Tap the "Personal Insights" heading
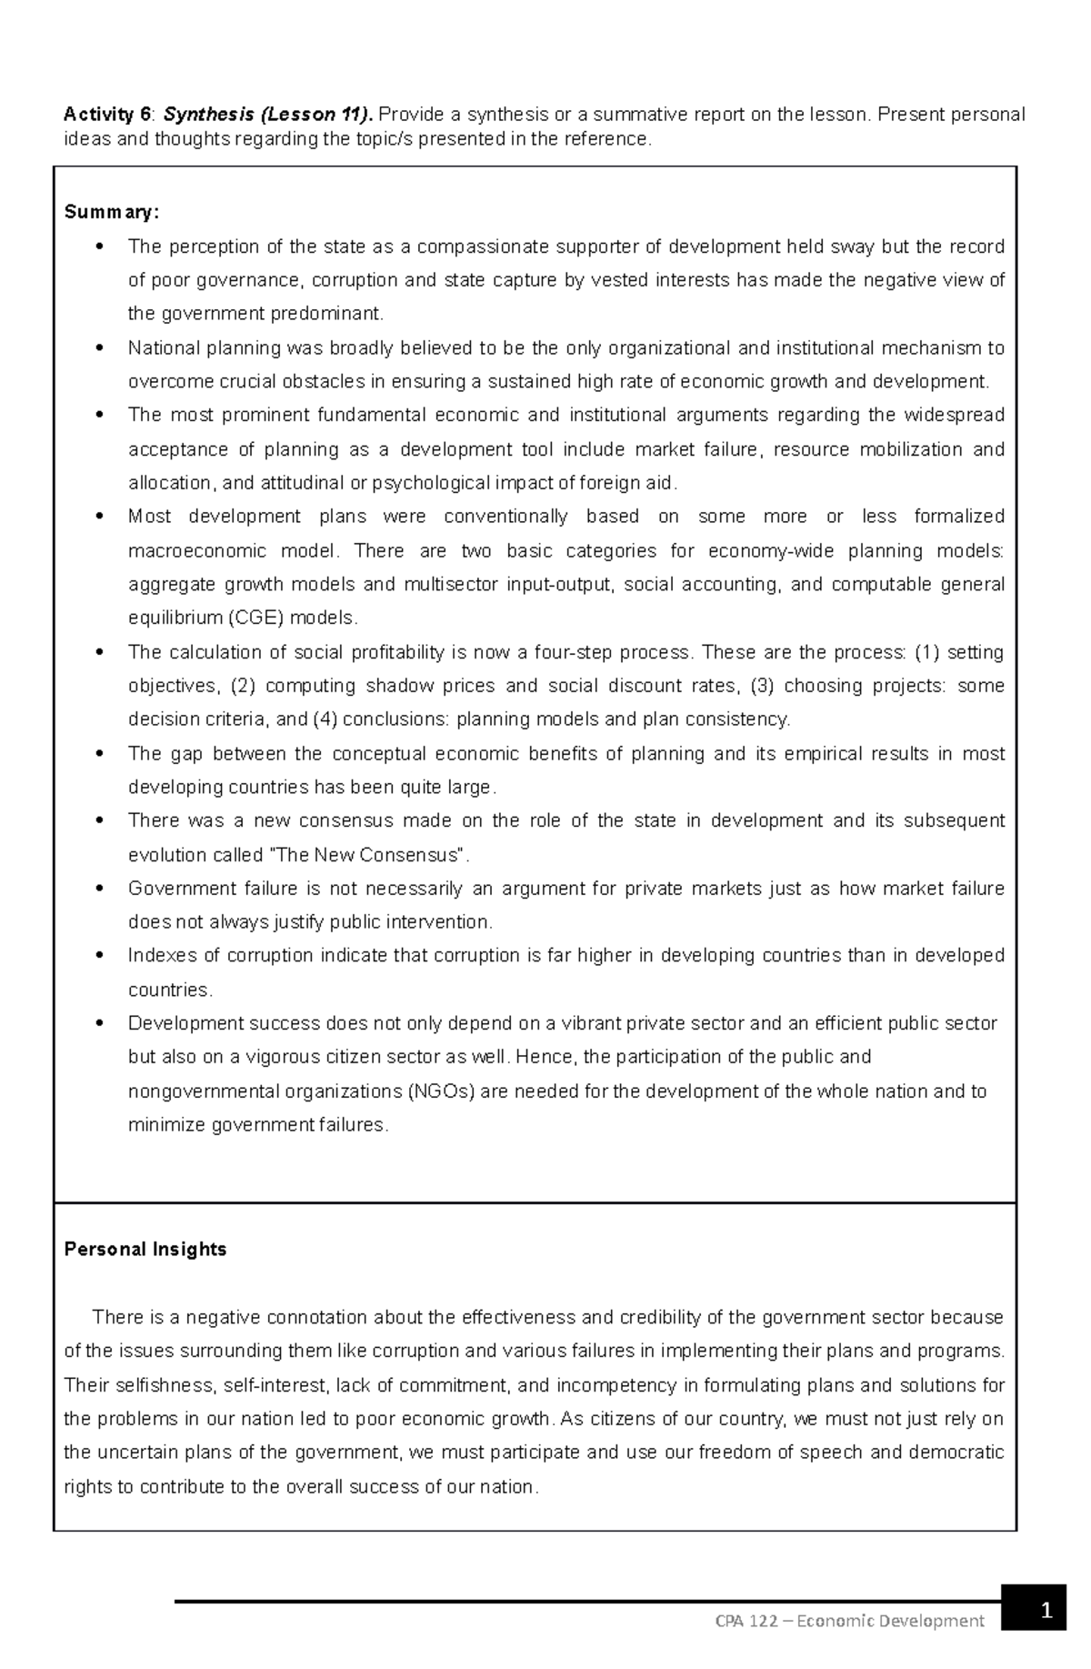(145, 1249)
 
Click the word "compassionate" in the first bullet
(471, 246)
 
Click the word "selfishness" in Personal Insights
(164, 1385)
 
